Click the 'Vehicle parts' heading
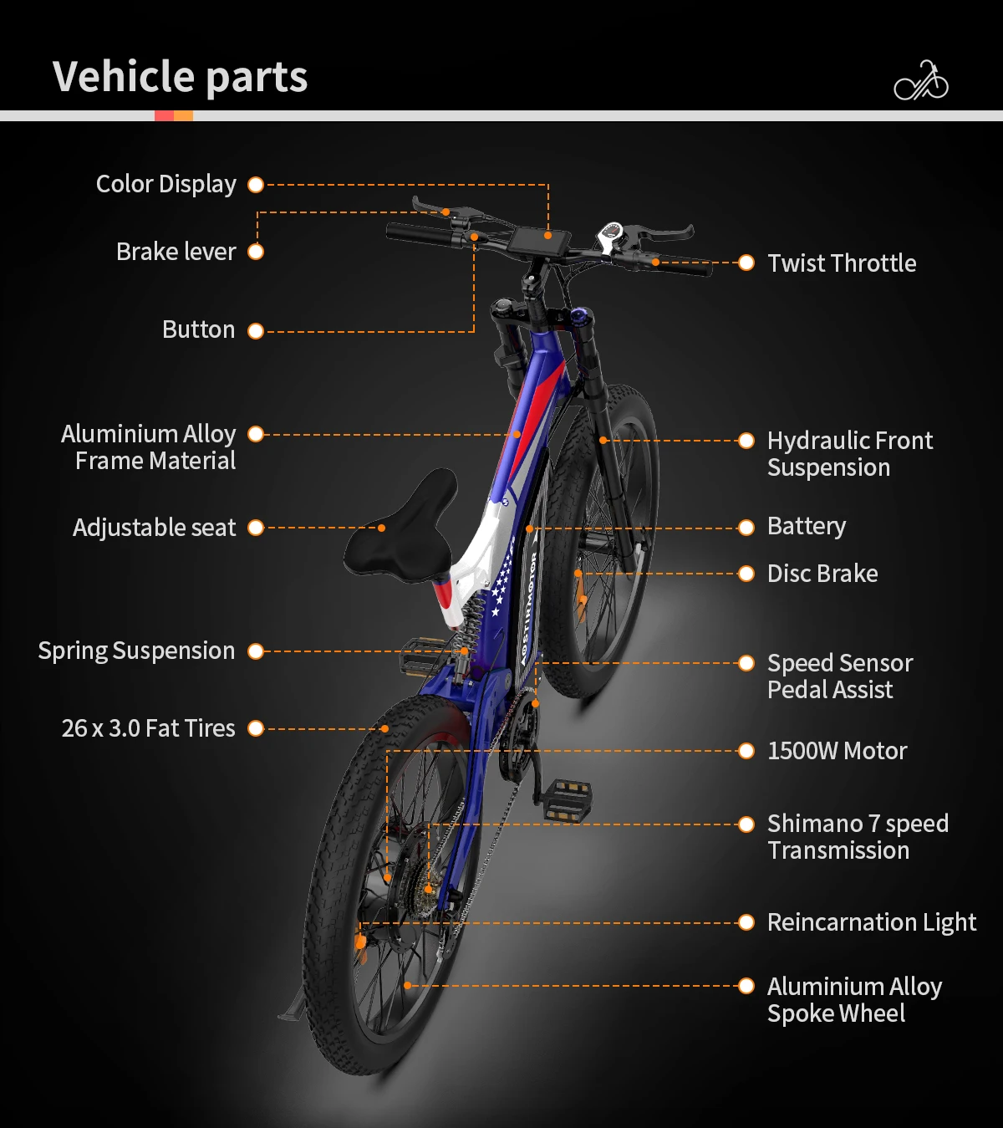click(x=180, y=77)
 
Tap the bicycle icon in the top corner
click(x=921, y=81)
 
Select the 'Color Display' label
click(x=165, y=184)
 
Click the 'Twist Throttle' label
click(x=841, y=263)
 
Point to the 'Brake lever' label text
click(x=176, y=252)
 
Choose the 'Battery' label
click(x=806, y=526)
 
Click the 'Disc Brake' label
click(x=822, y=574)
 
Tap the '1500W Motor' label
click(x=837, y=751)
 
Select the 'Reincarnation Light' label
click(x=871, y=922)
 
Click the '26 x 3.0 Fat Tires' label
click(x=148, y=728)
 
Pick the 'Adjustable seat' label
click(x=154, y=528)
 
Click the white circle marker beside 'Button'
click(x=256, y=331)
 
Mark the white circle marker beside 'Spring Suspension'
click(x=256, y=651)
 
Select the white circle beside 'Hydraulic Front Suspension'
click(x=746, y=441)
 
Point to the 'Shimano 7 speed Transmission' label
click(x=857, y=837)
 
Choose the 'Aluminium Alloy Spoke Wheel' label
click(x=853, y=1000)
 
